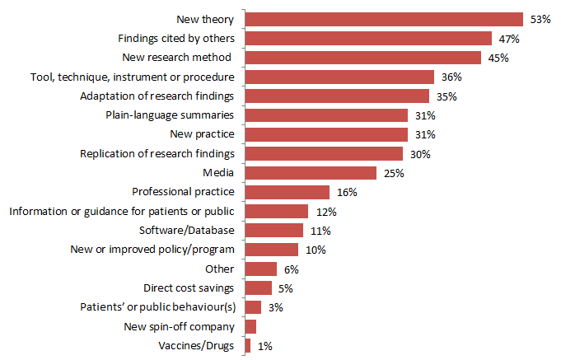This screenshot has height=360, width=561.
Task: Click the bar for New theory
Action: point(384,19)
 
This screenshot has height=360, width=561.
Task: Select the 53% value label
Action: point(540,19)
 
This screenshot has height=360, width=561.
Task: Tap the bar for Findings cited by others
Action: point(368,38)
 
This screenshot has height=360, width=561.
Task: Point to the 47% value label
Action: point(509,39)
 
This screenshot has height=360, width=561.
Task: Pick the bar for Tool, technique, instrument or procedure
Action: point(339,77)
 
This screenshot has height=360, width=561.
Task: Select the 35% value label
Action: point(447,96)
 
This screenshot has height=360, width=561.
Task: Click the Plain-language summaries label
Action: point(171,115)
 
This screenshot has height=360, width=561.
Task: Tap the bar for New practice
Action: point(326,134)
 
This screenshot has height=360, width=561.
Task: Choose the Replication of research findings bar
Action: point(324,153)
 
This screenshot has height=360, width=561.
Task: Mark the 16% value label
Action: point(347,193)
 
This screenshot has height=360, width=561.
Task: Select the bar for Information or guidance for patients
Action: point(277,211)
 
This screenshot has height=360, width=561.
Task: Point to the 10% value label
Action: point(316,250)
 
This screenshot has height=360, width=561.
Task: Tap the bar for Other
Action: point(261,269)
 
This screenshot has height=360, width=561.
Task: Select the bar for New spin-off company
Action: point(250,326)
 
